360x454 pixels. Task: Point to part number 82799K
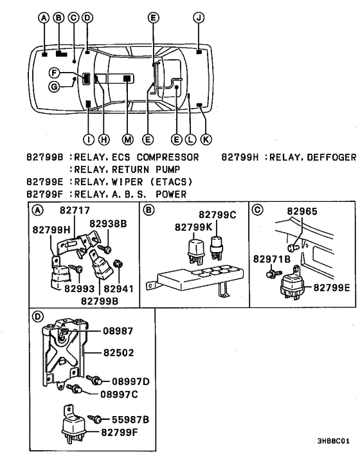tap(190, 227)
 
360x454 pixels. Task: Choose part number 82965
tap(303, 210)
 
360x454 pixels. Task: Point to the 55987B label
tap(131, 419)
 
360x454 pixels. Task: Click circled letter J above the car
tap(199, 19)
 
